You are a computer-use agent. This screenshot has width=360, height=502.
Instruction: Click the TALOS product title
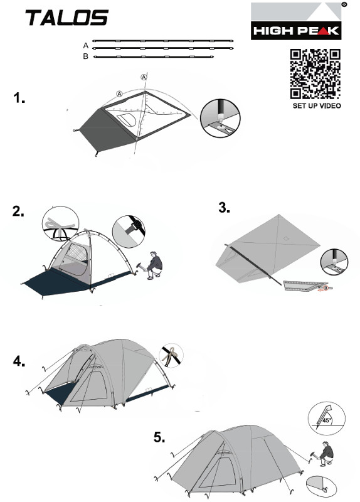(x=67, y=18)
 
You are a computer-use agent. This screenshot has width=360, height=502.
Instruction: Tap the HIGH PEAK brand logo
(x=296, y=21)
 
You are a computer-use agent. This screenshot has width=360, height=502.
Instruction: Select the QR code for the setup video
(x=315, y=74)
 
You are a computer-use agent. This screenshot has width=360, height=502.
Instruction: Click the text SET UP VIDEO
(x=317, y=105)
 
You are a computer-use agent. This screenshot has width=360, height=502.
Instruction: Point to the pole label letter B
(x=85, y=56)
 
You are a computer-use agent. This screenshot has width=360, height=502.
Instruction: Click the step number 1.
(x=19, y=98)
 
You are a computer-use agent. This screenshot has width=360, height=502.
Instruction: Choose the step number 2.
(x=18, y=211)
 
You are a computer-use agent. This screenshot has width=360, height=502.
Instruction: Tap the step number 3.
(x=224, y=208)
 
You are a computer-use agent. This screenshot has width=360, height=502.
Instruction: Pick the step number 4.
(x=19, y=361)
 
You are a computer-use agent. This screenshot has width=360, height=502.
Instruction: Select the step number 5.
(x=159, y=437)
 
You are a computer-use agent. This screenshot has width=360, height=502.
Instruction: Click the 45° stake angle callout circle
(x=326, y=419)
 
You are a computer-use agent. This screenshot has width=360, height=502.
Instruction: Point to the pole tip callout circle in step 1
(x=220, y=118)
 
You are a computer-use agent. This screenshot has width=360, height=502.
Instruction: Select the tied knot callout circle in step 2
(x=60, y=224)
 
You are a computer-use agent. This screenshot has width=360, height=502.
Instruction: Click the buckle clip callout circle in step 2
(x=129, y=232)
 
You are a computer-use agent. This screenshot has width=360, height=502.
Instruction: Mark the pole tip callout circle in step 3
(x=334, y=262)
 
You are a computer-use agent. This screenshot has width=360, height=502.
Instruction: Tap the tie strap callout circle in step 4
(x=171, y=355)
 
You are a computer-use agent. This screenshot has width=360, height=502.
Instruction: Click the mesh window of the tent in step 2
(x=77, y=252)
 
